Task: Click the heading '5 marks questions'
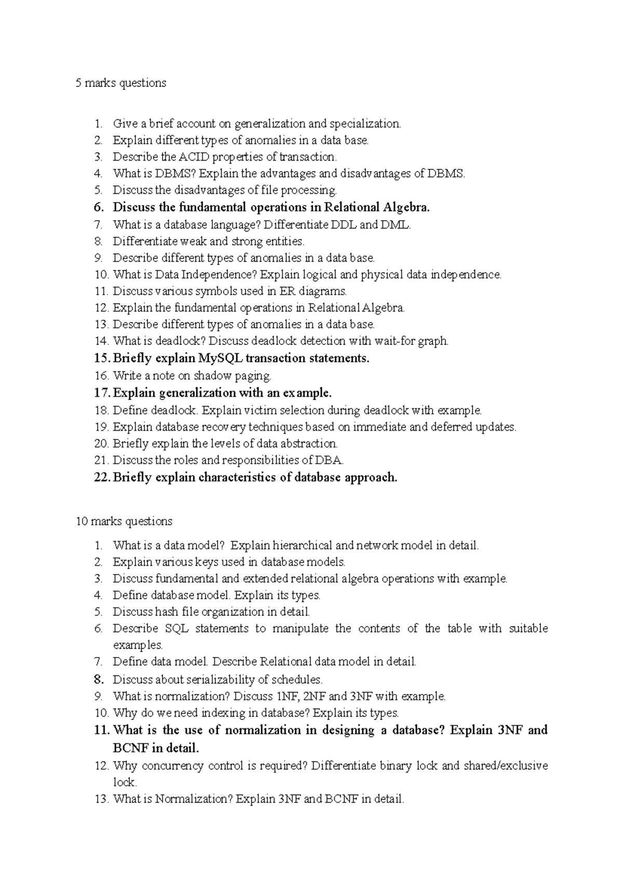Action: [120, 83]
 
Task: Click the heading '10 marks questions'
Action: [124, 521]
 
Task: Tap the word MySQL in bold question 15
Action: [221, 358]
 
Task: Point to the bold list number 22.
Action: [101, 478]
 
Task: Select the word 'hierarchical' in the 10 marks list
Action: [302, 545]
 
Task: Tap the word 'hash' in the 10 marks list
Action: [166, 612]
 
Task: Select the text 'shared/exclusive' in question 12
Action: [505, 766]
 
